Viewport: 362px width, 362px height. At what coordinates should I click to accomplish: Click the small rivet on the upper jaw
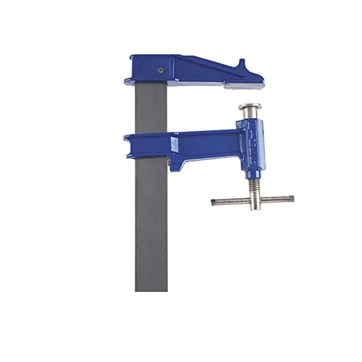[x=158, y=70]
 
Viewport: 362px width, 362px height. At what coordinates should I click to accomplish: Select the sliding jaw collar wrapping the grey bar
[x=146, y=146]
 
